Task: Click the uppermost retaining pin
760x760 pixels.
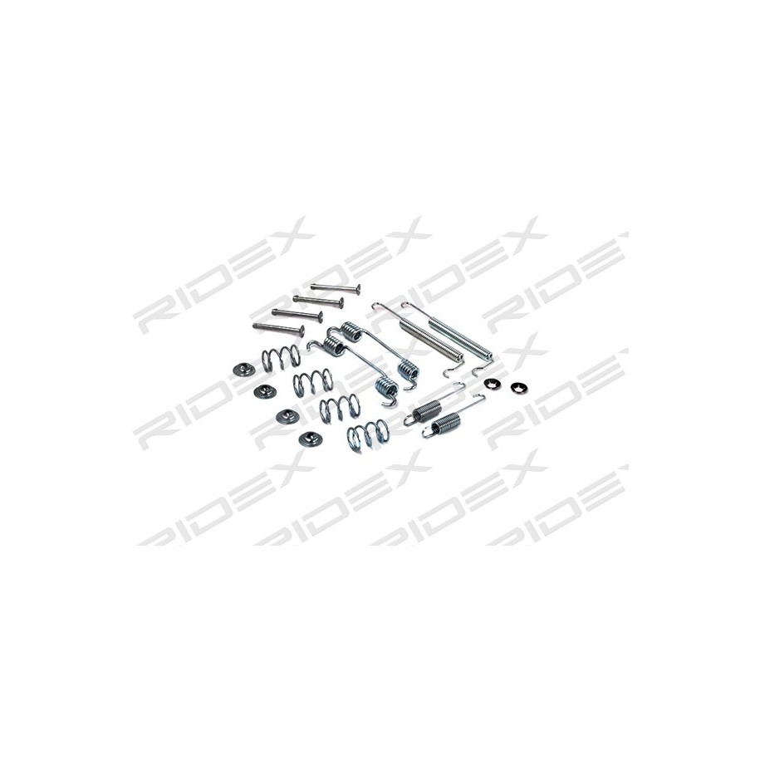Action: pos(336,288)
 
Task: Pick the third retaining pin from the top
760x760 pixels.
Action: pos(297,315)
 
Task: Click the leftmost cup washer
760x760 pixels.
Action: pos(244,370)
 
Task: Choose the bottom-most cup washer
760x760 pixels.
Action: pos(310,439)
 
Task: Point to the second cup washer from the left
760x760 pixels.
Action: pos(265,392)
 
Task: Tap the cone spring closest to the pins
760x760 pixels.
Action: pos(281,358)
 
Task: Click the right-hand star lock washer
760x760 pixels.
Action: pos(518,388)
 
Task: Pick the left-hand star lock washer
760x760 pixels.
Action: pos(493,383)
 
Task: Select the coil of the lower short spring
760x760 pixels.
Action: pos(445,422)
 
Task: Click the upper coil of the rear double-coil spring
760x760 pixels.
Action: pos(351,333)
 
